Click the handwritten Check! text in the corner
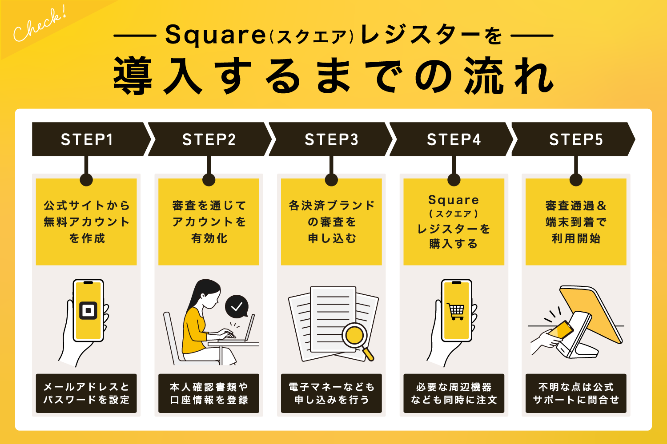click(x=39, y=25)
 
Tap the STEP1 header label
click(x=87, y=139)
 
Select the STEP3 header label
click(x=331, y=139)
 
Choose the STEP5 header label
click(x=576, y=139)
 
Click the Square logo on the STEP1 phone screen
click(x=88, y=310)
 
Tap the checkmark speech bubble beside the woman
click(x=237, y=306)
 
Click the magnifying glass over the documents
click(x=356, y=337)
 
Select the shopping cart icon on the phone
click(x=456, y=311)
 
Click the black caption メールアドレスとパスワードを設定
click(x=86, y=393)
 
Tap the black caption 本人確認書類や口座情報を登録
click(x=209, y=393)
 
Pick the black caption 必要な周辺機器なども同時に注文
click(x=454, y=393)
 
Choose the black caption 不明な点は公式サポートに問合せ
click(x=576, y=393)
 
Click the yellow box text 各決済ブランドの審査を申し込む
click(x=331, y=222)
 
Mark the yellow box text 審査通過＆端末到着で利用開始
click(x=576, y=222)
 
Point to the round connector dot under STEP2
click(x=209, y=180)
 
